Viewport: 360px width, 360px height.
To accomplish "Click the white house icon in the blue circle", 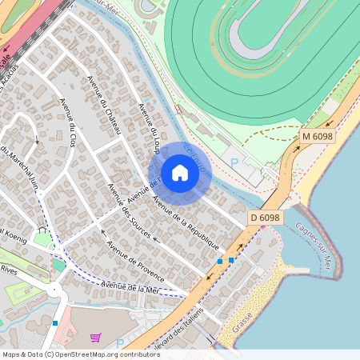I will pyautogui.click(x=180, y=173).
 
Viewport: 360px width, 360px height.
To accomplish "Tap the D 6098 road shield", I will pyautogui.click(x=264, y=218).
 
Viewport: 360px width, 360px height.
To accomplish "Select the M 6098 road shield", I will pyautogui.click(x=317, y=138).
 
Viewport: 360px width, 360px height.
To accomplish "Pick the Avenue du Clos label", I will pyautogui.click(x=74, y=127).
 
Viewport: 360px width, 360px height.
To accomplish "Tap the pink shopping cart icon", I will pyautogui.click(x=96, y=338).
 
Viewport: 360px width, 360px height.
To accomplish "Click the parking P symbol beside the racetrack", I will pyautogui.click(x=234, y=162).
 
